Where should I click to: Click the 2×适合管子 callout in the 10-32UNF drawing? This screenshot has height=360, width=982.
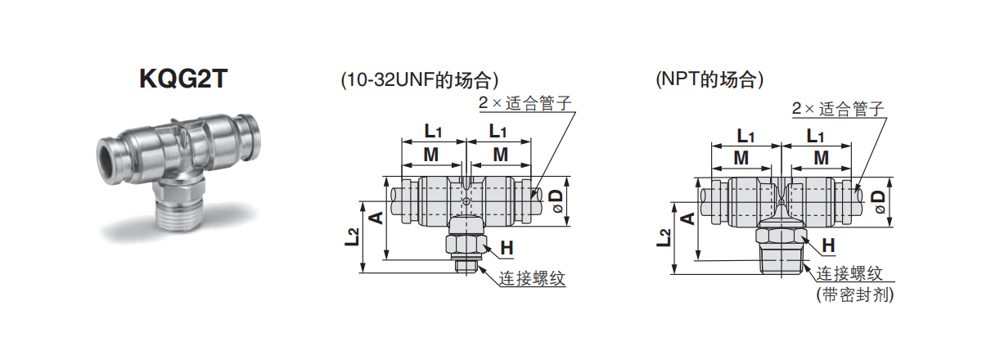click(523, 105)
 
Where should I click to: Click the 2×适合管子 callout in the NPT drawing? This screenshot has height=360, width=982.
click(839, 109)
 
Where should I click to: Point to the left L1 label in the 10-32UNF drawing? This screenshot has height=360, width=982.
click(433, 131)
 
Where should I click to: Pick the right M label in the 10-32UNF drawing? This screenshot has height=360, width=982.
click(500, 155)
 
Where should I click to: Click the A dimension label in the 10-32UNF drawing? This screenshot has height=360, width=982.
click(376, 217)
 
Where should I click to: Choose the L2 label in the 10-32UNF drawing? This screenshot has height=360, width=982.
click(353, 237)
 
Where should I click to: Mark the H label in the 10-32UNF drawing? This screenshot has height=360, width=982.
click(507, 248)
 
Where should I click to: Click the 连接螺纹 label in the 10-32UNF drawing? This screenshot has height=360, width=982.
click(532, 278)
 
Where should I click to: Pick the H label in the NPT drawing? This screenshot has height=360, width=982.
click(828, 245)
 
